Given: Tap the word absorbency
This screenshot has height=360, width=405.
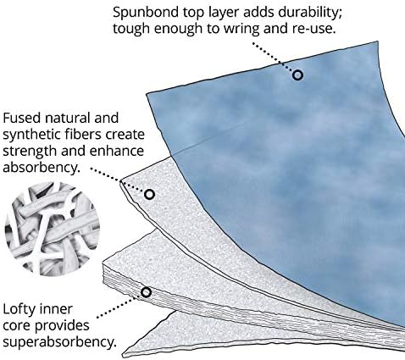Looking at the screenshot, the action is point(41,168).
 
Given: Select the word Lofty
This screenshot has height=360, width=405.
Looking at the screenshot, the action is point(19,310).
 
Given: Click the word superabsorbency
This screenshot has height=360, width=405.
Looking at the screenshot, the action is point(59,342).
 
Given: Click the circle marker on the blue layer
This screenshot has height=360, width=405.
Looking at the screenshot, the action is point(297,75).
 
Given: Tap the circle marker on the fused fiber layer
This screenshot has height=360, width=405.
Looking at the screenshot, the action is point(149,194).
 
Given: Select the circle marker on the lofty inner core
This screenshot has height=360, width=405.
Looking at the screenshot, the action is point(146,292).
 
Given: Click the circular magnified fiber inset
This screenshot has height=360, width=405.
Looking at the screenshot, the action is point(53,229).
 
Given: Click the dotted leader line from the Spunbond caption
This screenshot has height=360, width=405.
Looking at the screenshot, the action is point(273,57).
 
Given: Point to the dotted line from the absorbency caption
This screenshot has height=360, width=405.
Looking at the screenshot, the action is point(118,180).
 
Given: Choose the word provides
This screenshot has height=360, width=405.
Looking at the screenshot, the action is point(62,326).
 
